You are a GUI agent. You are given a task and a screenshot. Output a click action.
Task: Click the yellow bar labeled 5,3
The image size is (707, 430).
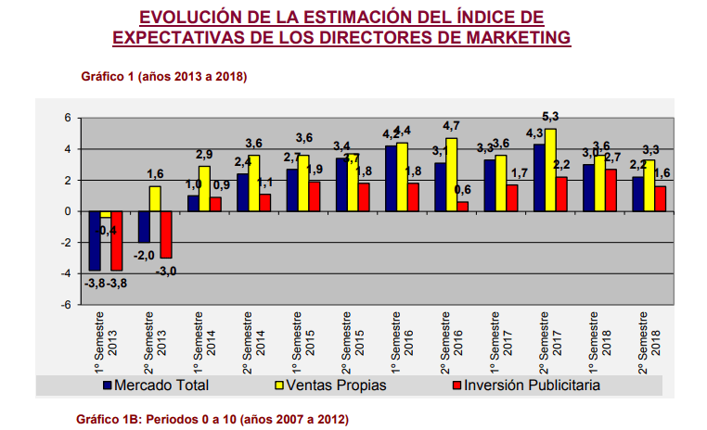pyautogui.click(x=550, y=170)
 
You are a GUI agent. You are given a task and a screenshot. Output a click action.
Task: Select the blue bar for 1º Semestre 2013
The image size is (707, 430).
pyautogui.click(x=94, y=241)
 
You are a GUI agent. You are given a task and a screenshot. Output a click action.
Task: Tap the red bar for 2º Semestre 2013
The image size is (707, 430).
pyautogui.click(x=165, y=234)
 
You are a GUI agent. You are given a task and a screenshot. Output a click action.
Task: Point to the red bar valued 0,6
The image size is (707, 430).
pyautogui.click(x=463, y=207)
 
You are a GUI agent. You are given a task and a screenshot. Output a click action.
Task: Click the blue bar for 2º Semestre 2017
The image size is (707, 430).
pyautogui.click(x=539, y=178)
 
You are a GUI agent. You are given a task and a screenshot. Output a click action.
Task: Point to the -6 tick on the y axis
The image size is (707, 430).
pyautogui.click(x=66, y=305)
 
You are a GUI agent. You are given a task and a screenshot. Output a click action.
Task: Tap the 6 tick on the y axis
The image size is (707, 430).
pyautogui.click(x=67, y=118)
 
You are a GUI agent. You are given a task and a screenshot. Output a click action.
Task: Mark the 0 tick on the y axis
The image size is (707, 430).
pyautogui.click(x=67, y=211)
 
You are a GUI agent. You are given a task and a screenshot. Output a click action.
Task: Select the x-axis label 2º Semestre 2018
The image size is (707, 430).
pyautogui.click(x=649, y=340)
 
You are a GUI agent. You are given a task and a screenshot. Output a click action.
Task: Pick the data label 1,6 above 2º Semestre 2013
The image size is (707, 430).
pyautogui.click(x=155, y=174)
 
